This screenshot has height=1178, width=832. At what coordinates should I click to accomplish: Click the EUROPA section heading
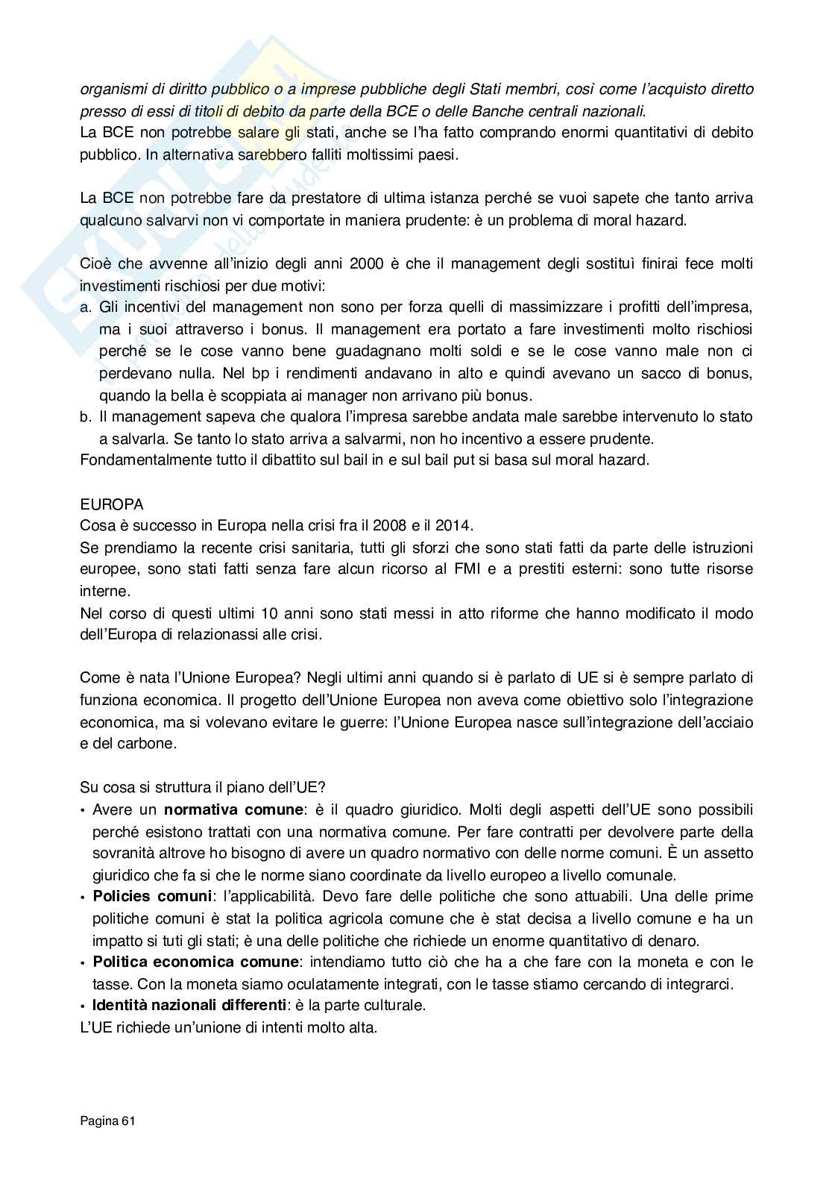pyautogui.click(x=111, y=505)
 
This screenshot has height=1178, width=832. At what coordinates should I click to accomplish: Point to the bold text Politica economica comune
pyautogui.click(x=196, y=962)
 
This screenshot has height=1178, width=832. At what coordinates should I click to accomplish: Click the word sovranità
pyautogui.click(x=123, y=853)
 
